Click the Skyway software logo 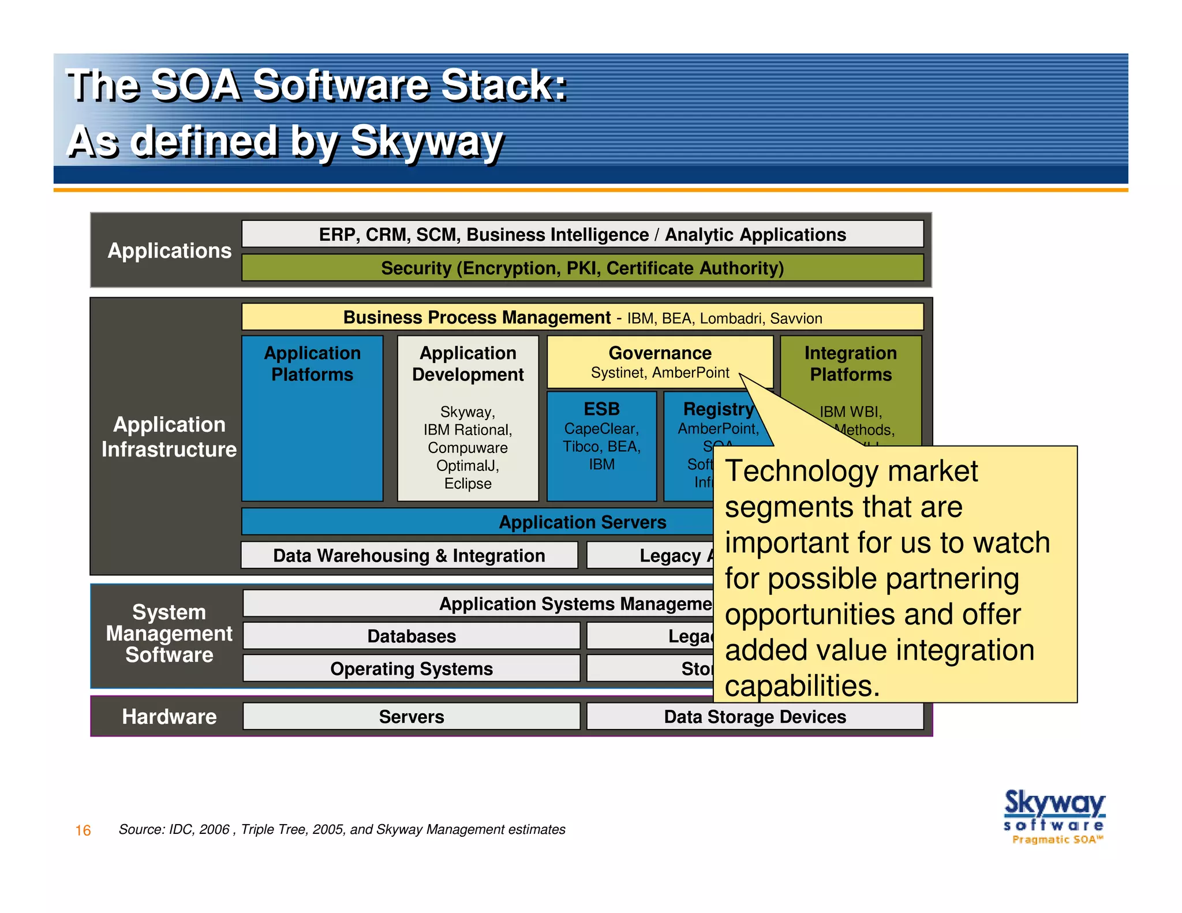click(x=1054, y=815)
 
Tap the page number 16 click(x=83, y=830)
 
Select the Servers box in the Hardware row click(x=411, y=716)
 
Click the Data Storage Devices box click(x=754, y=716)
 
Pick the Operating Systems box click(x=411, y=668)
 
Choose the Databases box click(x=411, y=636)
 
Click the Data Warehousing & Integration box click(x=409, y=555)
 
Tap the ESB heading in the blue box click(x=601, y=409)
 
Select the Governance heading click(x=660, y=353)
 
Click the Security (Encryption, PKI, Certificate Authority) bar click(x=582, y=268)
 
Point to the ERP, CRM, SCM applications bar click(x=582, y=234)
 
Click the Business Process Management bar click(x=582, y=317)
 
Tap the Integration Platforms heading click(x=850, y=364)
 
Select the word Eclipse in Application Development click(x=467, y=484)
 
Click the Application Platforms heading click(x=312, y=364)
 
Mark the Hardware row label click(x=169, y=716)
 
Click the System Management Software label click(x=169, y=634)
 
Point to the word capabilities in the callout click(x=802, y=686)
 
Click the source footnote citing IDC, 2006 click(x=342, y=829)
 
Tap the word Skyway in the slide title click(x=427, y=141)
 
